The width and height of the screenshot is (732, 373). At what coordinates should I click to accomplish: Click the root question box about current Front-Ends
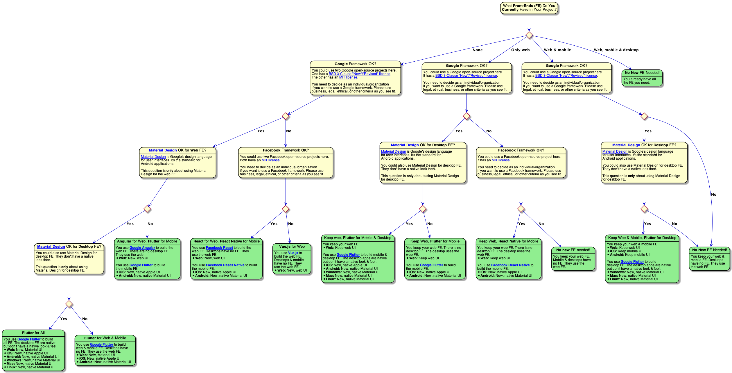(529, 8)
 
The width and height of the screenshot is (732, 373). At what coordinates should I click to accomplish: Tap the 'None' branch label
(478, 50)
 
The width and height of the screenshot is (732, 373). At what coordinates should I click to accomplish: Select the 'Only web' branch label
(520, 50)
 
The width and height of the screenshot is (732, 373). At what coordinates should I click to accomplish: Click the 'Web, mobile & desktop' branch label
(616, 50)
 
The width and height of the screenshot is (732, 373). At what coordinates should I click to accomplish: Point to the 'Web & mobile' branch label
(557, 50)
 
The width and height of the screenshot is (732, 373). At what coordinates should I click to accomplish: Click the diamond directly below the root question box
(529, 35)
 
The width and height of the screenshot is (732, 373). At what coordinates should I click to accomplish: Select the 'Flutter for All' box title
(33, 333)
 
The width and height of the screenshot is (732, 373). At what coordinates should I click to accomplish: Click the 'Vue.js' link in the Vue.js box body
(293, 253)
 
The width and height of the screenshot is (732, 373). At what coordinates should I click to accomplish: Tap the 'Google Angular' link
(142, 248)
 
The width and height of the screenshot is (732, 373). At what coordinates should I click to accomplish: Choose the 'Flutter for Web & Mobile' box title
(105, 338)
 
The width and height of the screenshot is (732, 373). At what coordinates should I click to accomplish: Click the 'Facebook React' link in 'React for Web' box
(219, 248)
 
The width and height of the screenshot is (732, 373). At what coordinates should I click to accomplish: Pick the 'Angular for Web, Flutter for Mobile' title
(147, 241)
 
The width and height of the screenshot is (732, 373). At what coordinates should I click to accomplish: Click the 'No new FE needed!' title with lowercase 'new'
(573, 250)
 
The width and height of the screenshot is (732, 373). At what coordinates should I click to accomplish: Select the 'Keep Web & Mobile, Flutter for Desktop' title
(642, 238)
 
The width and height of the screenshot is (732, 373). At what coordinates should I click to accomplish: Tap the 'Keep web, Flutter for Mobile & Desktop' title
(358, 238)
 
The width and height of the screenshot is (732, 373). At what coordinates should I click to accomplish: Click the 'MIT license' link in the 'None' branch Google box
(348, 77)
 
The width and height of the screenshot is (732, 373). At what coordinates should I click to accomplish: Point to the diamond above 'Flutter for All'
(69, 304)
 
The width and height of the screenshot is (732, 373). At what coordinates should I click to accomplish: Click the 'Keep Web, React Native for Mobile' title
(508, 241)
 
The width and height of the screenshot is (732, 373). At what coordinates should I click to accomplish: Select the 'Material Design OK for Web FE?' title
(177, 150)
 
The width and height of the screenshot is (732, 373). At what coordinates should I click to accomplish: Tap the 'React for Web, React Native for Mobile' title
(227, 241)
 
